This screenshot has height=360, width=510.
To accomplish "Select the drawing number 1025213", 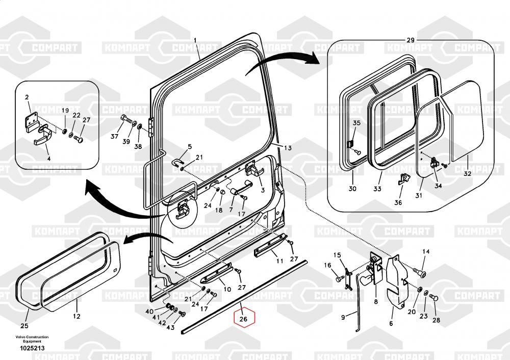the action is coord(32,348).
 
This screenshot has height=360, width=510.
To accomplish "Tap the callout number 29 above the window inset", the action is coord(411,40).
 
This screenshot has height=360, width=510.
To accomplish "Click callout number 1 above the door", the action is coord(195,40).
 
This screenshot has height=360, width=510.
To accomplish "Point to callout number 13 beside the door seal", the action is coord(288,148).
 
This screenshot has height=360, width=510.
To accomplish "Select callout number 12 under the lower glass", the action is coord(76,316).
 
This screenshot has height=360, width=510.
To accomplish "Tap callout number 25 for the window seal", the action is coord(24,325).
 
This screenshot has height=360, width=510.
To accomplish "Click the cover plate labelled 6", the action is coord(396,281).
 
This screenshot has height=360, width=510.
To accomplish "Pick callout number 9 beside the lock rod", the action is coord(343,317).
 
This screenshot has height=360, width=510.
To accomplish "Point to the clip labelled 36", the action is coord(403,179).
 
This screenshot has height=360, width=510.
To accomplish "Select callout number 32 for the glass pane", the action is coord(467,174).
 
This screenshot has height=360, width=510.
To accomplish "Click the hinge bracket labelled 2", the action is coord(32,121).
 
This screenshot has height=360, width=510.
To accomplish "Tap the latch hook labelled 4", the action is coord(43,136).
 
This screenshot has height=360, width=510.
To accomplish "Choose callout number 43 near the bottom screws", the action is coord(170,327).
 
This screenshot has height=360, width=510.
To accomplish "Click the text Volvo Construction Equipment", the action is coord(32,339).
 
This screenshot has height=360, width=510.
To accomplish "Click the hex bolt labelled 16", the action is coord(339,279).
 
